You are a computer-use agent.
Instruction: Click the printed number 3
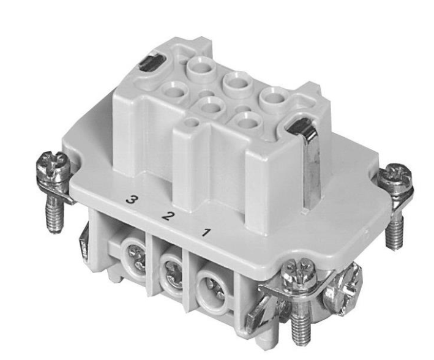(131, 200)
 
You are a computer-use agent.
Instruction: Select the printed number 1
(206, 232)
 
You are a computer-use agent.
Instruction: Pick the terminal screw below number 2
(174, 273)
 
